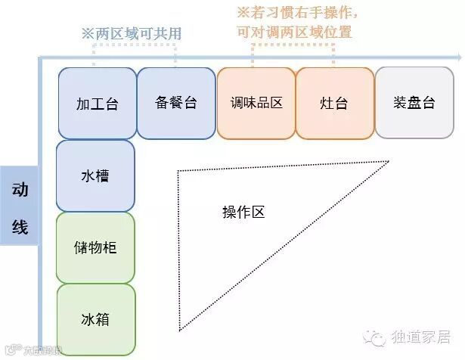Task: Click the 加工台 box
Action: point(96,103)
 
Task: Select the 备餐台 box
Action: point(175,103)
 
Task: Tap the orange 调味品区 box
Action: point(256,103)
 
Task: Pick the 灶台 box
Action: point(334,103)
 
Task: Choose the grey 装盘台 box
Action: point(414,103)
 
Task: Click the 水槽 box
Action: point(95,175)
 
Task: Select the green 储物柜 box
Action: point(95,247)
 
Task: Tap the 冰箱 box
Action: point(95,319)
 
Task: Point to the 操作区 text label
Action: point(243,213)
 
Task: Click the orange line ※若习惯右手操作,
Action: point(297,13)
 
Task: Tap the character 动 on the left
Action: point(20,190)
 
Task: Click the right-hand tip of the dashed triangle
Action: point(389,161)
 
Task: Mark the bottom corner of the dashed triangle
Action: point(179,331)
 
